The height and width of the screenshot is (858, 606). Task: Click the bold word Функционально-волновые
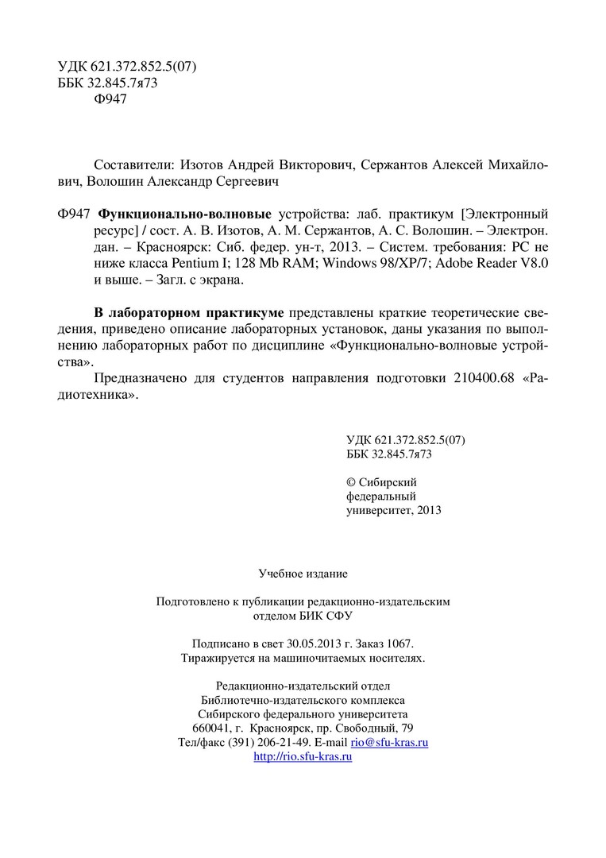click(184, 214)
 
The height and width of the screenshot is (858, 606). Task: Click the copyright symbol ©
click(352, 482)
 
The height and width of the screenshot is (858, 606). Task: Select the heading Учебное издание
click(303, 573)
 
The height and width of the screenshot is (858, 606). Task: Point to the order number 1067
click(399, 644)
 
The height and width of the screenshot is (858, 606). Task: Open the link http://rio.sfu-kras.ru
click(303, 757)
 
